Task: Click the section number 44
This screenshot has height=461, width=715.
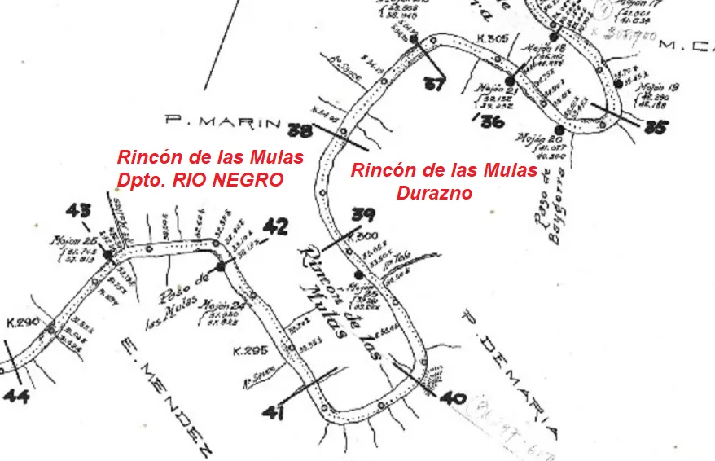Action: coord(15,397)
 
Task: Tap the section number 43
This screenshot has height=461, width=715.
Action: coord(78,211)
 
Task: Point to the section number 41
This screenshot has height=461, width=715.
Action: coord(274,413)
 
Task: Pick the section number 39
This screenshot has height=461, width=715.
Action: coord(362,215)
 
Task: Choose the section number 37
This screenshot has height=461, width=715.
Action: coord(435,83)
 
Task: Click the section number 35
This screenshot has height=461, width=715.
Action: coord(655,127)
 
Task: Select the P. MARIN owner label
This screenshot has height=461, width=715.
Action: coord(222,121)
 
